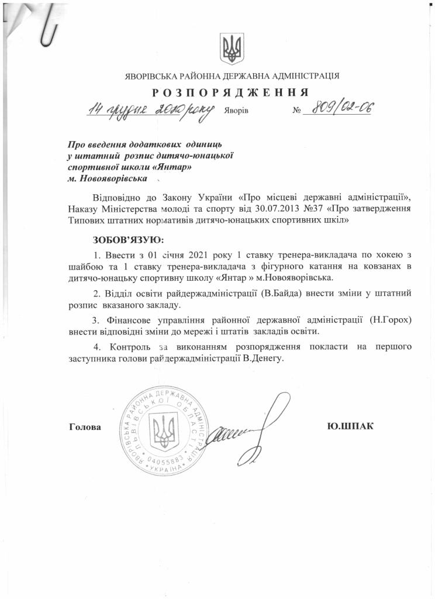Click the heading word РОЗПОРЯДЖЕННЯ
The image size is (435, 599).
231,92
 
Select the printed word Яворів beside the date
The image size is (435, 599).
236,111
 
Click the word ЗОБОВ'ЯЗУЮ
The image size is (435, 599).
128,240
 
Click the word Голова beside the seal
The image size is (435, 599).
85,427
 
